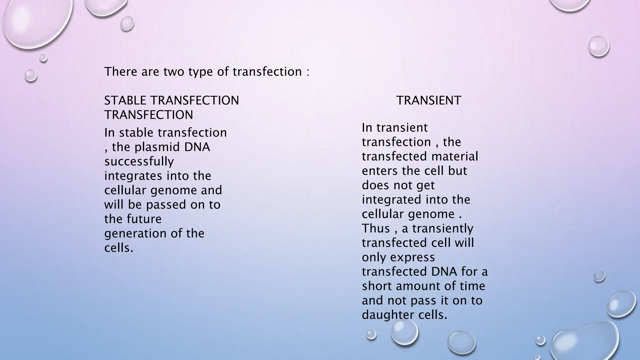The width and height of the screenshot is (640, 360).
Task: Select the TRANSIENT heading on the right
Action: (428, 101)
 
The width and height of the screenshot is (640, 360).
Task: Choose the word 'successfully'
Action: (139, 162)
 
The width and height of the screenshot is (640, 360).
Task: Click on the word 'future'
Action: (145, 219)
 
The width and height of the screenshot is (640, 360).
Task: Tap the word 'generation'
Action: (135, 234)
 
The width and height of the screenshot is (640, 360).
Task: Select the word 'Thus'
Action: (376, 228)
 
